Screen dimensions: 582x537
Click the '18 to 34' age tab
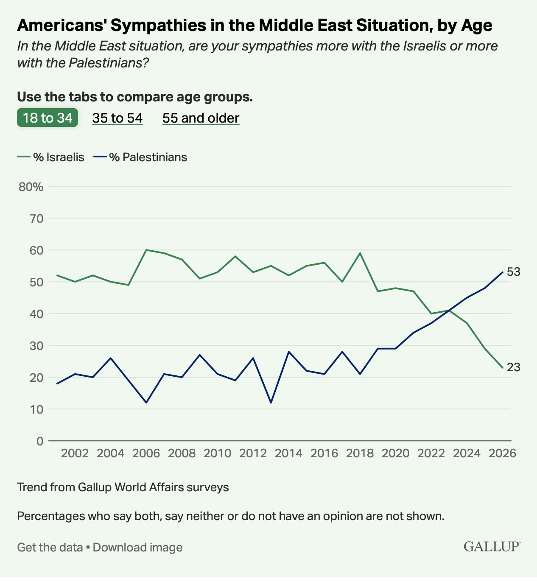click(48, 118)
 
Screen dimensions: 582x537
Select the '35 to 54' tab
click(117, 118)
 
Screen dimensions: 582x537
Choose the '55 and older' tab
click(201, 118)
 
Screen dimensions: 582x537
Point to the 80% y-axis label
click(31, 187)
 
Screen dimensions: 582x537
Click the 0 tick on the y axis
click(40, 441)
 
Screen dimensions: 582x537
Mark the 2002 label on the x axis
click(75, 453)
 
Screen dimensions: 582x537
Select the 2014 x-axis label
click(288, 453)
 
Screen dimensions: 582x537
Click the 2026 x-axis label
click(502, 453)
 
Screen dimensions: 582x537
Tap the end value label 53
click(513, 272)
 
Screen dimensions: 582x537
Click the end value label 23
click(513, 367)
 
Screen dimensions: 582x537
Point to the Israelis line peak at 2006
click(146, 250)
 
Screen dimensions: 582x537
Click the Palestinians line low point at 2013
click(271, 403)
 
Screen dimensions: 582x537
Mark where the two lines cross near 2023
click(449, 311)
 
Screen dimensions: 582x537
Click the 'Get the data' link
click(50, 548)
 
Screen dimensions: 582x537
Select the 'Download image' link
click(137, 548)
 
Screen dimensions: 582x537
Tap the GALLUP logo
click(492, 546)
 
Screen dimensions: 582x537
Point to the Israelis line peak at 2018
click(360, 253)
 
